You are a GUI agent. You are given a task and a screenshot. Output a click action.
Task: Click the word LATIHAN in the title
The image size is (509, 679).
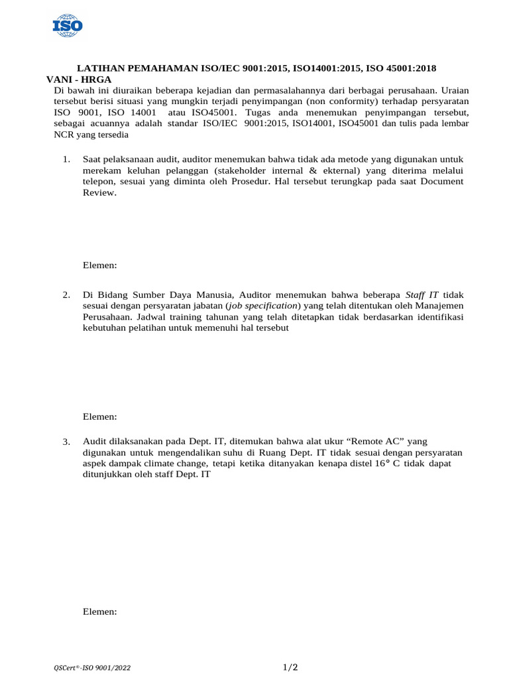click(x=99, y=68)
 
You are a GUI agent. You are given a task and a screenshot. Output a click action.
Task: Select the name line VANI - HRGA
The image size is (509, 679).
click(x=79, y=80)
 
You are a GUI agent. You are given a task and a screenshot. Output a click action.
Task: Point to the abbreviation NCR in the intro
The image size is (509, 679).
click(x=64, y=134)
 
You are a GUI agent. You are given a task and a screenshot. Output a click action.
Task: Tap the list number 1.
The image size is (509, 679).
click(x=66, y=160)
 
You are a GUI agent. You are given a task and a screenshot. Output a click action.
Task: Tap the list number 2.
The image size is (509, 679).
click(x=66, y=294)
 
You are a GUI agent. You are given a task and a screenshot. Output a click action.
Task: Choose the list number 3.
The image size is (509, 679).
click(x=66, y=442)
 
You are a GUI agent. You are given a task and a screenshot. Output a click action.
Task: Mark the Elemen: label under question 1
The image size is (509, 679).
click(x=99, y=265)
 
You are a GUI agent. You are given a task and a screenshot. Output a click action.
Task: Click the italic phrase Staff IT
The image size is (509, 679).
click(x=422, y=294)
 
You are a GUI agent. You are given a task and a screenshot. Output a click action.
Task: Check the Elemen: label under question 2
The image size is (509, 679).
click(x=99, y=416)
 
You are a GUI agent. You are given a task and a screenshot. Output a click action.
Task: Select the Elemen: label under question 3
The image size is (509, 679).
click(x=99, y=612)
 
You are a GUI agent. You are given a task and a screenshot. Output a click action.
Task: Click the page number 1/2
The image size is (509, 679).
click(x=290, y=666)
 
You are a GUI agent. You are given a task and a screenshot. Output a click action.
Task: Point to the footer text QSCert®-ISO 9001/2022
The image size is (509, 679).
click(x=92, y=668)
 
